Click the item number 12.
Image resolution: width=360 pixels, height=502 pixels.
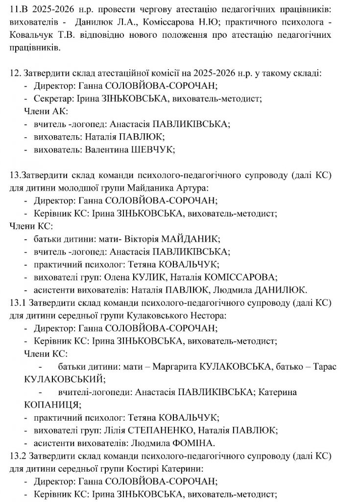click(x=15, y=73)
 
